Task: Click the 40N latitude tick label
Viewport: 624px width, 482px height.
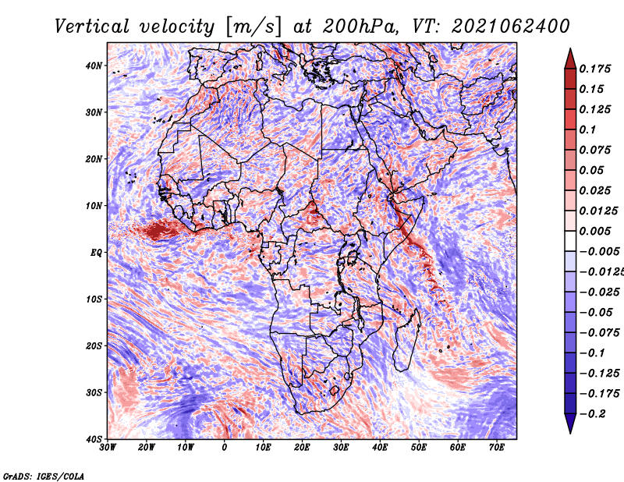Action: pyautogui.click(x=93, y=66)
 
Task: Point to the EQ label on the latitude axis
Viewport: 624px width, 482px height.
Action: pyautogui.click(x=96, y=253)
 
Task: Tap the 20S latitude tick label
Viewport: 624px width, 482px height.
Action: pyautogui.click(x=94, y=346)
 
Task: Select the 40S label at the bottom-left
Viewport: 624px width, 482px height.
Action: pyautogui.click(x=94, y=439)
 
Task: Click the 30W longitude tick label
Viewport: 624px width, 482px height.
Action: pyautogui.click(x=108, y=448)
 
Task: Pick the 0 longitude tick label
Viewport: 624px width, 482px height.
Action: pyautogui.click(x=225, y=448)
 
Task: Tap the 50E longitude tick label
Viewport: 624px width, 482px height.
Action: pyautogui.click(x=419, y=448)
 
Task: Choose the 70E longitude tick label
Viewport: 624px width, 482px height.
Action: pyautogui.click(x=497, y=448)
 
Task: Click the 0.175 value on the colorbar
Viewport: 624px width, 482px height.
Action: pyautogui.click(x=595, y=69)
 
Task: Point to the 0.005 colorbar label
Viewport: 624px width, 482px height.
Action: pyautogui.click(x=595, y=231)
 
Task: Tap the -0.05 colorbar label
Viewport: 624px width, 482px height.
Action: pyautogui.click(x=596, y=313)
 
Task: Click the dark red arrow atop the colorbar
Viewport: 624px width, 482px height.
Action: pyautogui.click(x=570, y=59)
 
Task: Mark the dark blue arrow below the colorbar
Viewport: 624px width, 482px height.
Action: pyautogui.click(x=570, y=423)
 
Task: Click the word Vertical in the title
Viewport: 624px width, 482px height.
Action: pyautogui.click(x=92, y=27)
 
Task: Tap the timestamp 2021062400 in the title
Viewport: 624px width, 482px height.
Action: pyautogui.click(x=511, y=27)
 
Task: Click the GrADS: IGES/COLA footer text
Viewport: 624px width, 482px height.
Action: pyautogui.click(x=44, y=476)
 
